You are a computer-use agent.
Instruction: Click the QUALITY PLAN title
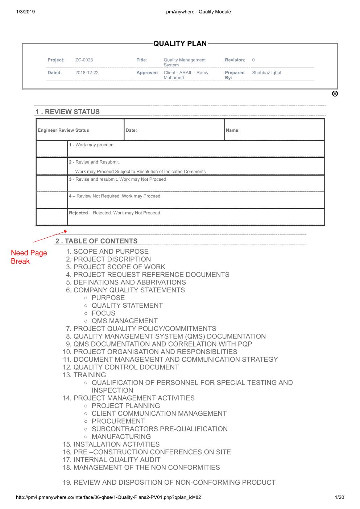click(180, 44)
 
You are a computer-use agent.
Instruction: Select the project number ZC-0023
click(84, 60)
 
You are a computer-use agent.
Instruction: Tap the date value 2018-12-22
click(87, 73)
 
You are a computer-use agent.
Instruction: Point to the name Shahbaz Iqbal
click(266, 73)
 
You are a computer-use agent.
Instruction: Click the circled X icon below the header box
click(335, 94)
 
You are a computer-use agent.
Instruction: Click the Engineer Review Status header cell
click(63, 130)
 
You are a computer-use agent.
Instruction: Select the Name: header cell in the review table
click(232, 130)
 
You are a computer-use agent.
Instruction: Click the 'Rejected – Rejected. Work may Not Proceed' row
click(115, 213)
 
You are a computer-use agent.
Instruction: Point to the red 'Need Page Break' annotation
click(29, 257)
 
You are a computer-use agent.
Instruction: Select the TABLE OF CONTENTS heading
click(96, 241)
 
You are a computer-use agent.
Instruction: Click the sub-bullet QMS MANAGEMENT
click(124, 321)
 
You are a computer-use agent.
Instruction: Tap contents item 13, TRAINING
click(89, 375)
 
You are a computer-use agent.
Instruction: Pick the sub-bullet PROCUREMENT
click(118, 421)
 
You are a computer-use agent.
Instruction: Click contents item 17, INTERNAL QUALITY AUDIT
click(116, 460)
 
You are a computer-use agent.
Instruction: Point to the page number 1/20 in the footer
click(340, 497)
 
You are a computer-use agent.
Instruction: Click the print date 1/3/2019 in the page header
click(25, 12)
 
